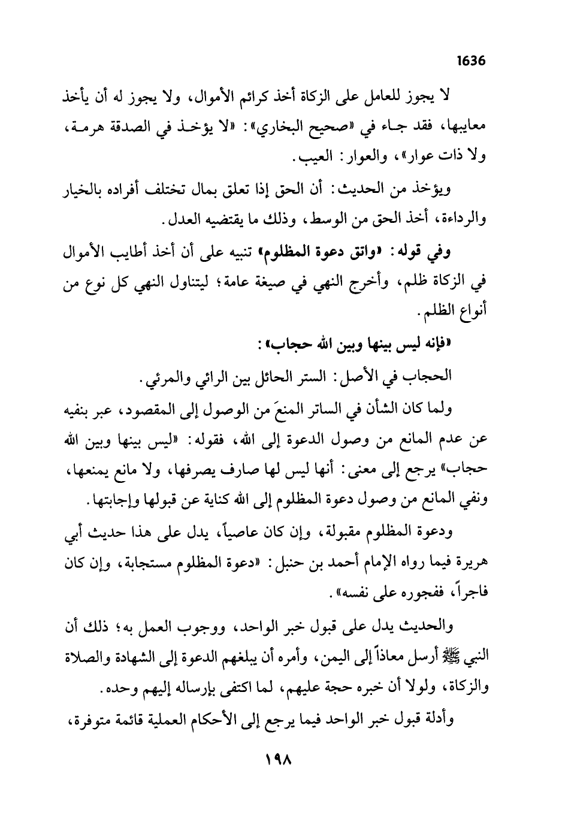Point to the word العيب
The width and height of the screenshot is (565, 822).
click(307, 159)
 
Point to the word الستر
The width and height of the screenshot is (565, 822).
click(302, 377)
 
